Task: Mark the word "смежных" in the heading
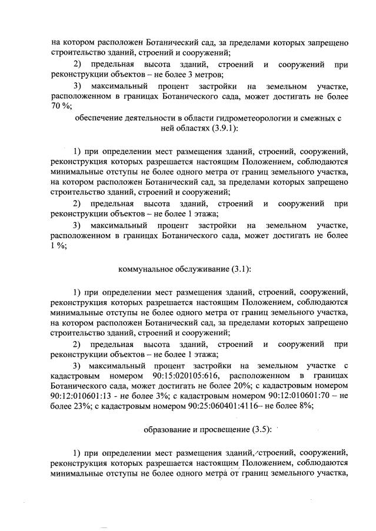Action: click(x=315, y=118)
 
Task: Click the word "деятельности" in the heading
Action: click(x=149, y=118)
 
